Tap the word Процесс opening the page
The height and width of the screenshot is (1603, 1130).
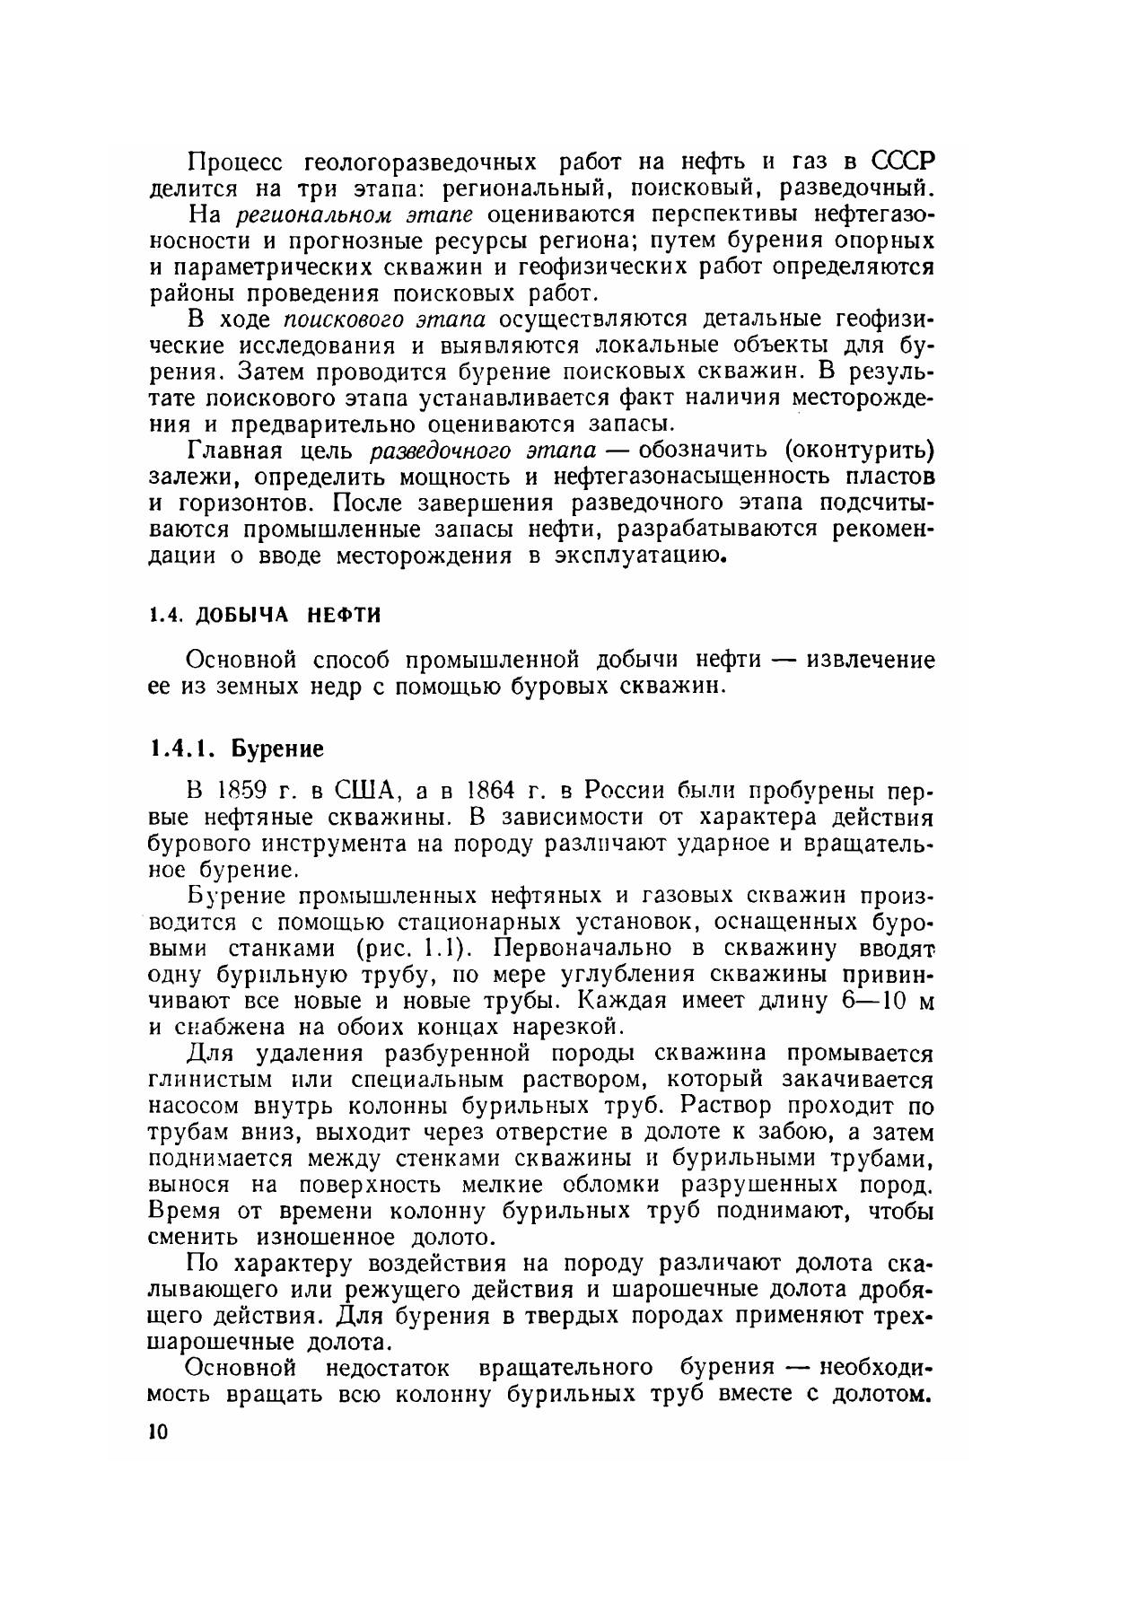pos(235,162)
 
